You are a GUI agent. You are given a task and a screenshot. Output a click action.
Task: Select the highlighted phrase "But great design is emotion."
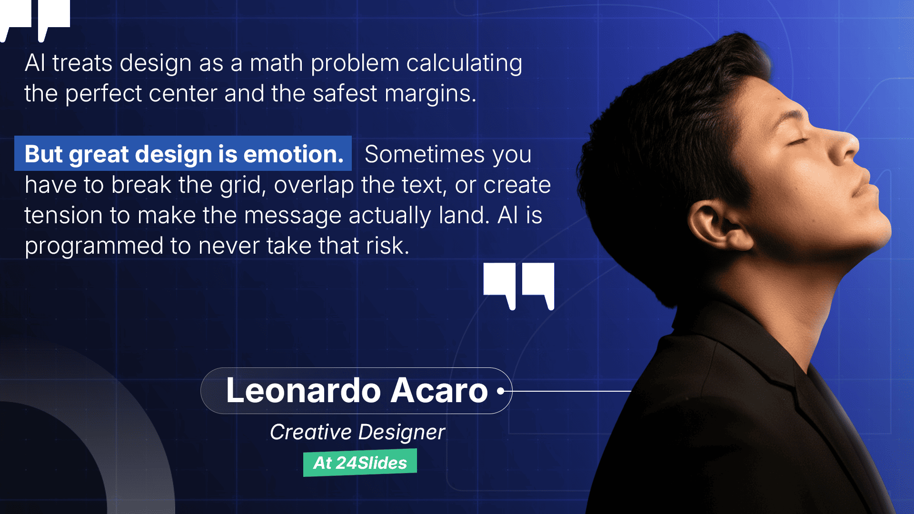click(x=184, y=154)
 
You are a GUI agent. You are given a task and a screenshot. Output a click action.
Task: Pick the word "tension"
click(x=63, y=216)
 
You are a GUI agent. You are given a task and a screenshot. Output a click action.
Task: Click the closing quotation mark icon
click(x=519, y=285)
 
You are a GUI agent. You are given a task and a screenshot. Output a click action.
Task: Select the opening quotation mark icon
click(x=36, y=17)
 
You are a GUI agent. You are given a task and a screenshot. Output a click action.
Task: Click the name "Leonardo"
click(x=303, y=391)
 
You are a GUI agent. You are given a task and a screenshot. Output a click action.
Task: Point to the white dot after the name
click(x=500, y=391)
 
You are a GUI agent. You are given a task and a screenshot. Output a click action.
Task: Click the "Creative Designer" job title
click(x=358, y=432)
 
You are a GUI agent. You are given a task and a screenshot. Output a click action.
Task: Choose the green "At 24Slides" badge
click(x=360, y=463)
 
